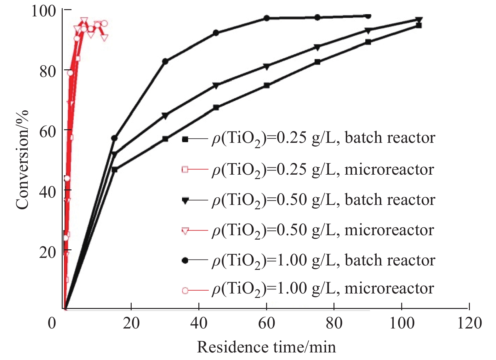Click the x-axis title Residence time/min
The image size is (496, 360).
(266, 347)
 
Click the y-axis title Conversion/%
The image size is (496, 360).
(22, 160)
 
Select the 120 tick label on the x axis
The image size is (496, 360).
(469, 323)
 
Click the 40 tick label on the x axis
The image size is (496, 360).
(199, 323)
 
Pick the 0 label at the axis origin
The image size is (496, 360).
(52, 323)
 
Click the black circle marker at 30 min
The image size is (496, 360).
(165, 61)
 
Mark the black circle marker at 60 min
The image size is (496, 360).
(267, 18)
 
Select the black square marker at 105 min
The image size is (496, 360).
(419, 25)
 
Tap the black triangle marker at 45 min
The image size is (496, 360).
(216, 85)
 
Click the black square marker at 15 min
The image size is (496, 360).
(114, 170)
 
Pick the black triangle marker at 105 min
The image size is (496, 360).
(419, 20)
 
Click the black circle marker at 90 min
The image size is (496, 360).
(368, 16)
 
